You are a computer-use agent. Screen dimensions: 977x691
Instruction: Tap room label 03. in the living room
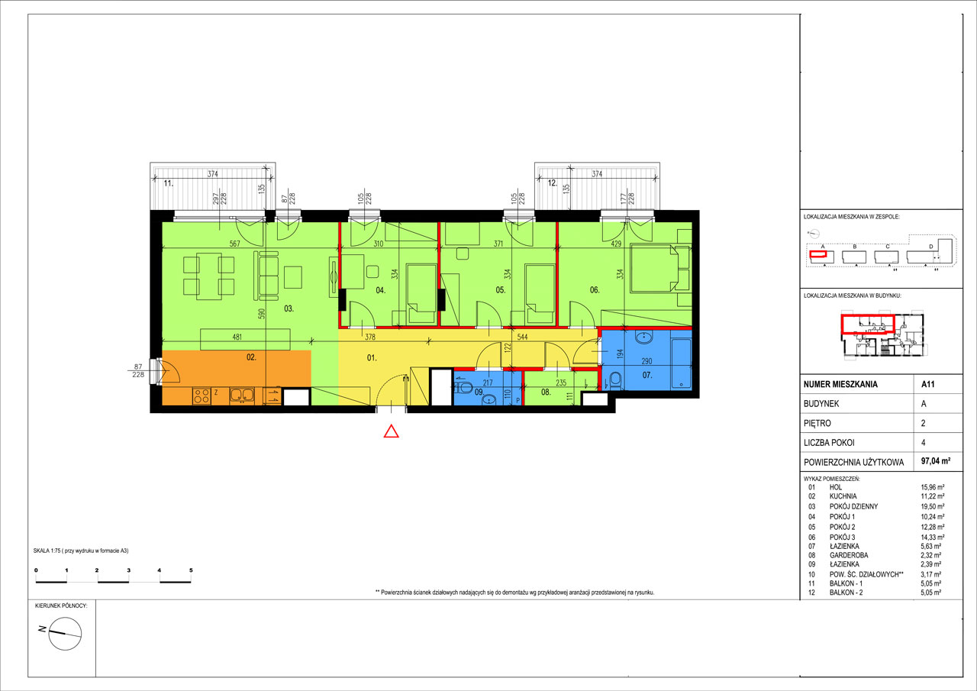click(289, 309)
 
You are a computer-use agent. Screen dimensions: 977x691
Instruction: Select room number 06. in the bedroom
click(595, 290)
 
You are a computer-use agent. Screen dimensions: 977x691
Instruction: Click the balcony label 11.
click(169, 184)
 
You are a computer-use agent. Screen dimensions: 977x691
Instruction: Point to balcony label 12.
click(553, 183)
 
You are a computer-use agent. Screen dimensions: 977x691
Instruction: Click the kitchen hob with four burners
click(202, 396)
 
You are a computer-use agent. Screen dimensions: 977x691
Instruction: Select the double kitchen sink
click(242, 396)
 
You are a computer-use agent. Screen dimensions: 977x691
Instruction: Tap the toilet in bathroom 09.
click(464, 387)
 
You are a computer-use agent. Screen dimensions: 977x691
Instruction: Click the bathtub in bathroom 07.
click(681, 363)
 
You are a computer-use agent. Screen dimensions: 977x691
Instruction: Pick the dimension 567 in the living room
click(234, 244)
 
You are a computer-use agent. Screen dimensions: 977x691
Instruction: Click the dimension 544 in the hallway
click(522, 337)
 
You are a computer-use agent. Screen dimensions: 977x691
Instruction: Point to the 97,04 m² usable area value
click(936, 460)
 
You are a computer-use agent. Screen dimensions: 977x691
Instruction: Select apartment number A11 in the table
click(927, 384)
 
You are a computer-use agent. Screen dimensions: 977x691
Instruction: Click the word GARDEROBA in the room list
click(849, 555)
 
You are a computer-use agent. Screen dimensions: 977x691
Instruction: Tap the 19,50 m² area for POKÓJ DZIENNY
click(932, 506)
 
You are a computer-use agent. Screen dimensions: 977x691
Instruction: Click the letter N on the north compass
click(42, 629)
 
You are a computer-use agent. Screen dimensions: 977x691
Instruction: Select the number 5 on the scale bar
click(191, 570)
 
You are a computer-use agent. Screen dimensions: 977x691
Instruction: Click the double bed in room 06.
click(659, 268)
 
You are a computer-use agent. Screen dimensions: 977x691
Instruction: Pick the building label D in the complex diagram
click(930, 247)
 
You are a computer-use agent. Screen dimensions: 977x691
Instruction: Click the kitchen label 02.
click(251, 357)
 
